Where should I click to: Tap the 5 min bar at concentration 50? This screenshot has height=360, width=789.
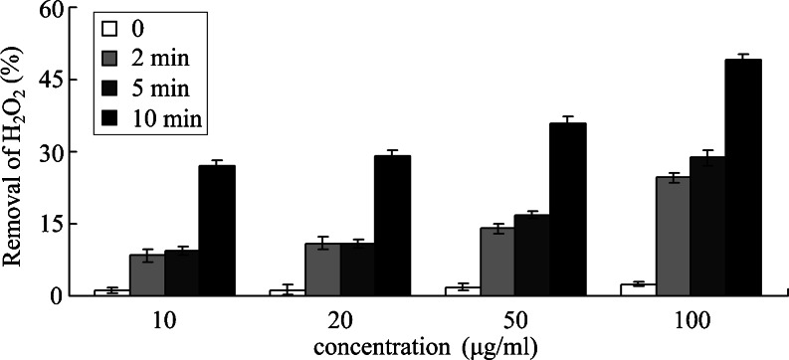(532, 255)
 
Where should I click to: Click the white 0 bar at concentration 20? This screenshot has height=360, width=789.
(288, 291)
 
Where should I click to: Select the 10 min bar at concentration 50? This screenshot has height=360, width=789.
(567, 209)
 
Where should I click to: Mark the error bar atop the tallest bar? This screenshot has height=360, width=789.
(742, 58)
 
